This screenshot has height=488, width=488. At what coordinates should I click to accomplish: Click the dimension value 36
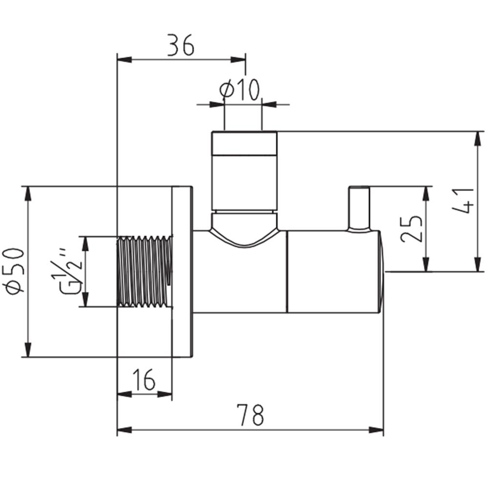coord(181,45)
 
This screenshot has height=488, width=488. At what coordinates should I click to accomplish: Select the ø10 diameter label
coord(239,89)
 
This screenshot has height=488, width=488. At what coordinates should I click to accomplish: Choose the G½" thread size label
coord(71,272)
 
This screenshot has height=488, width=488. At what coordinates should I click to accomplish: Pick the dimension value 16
coord(144,379)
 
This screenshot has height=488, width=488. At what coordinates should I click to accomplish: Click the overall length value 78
coord(250,414)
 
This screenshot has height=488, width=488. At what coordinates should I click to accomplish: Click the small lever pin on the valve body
coord(360,209)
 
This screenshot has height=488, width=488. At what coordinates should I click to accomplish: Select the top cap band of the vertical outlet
coord(244,143)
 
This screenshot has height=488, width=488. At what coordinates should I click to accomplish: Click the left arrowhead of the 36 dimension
coord(124,60)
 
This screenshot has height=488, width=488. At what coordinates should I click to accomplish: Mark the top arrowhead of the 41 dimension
coord(476,139)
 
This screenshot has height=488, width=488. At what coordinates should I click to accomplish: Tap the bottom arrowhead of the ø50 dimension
coord(28,349)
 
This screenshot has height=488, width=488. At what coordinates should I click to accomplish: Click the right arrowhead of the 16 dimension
coord(164,394)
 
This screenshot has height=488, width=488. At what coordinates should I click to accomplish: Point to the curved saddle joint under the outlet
coord(244,230)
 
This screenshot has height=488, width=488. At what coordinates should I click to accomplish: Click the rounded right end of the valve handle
coord(382,272)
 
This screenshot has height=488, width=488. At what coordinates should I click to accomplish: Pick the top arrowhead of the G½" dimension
coord(85,244)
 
